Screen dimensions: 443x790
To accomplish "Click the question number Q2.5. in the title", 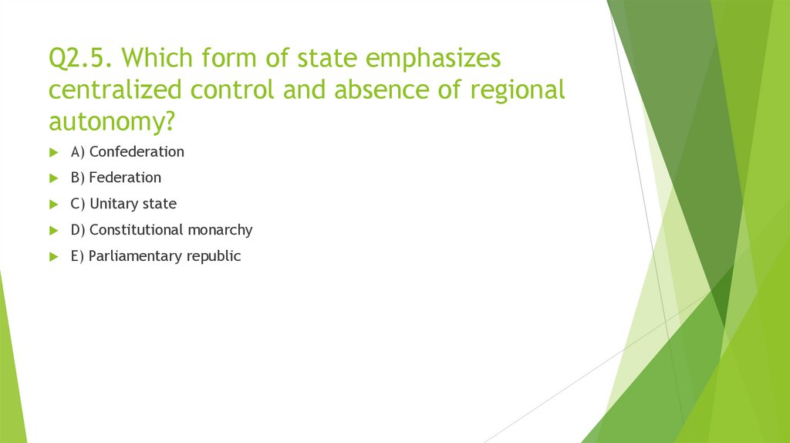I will [x=82, y=59].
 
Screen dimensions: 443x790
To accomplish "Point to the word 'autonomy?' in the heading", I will [x=110, y=121].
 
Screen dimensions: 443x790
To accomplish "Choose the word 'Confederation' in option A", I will [x=137, y=152].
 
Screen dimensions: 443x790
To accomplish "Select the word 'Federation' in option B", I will [x=125, y=178].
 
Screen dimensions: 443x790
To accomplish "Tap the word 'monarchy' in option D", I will [x=220, y=230].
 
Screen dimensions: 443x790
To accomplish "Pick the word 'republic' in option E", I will [x=214, y=256].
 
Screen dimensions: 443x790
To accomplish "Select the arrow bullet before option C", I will [x=53, y=205].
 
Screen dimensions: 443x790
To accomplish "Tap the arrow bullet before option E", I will [x=53, y=257].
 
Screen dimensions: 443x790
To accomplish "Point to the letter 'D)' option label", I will [x=78, y=230].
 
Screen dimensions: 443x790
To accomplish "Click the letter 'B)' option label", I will [x=78, y=178].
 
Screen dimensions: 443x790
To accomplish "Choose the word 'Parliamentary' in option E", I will [x=135, y=256].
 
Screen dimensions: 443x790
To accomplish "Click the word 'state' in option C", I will [x=159, y=204].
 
